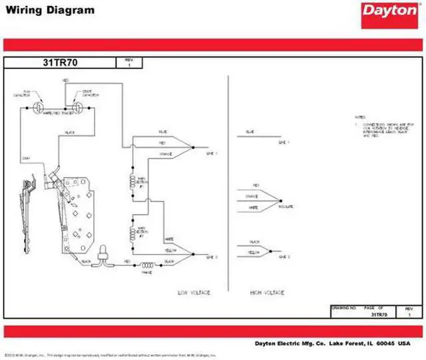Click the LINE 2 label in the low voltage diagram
coord(212,256)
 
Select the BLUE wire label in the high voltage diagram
coord(250,132)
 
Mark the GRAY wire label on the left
coord(26,158)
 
